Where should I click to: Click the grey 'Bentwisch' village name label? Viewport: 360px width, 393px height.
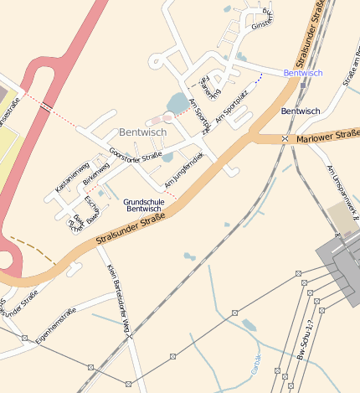click(x=142, y=132)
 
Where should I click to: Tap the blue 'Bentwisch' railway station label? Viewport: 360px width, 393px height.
click(x=302, y=73)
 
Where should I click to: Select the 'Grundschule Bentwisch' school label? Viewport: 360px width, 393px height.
click(x=142, y=204)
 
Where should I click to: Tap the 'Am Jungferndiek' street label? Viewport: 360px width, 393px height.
click(x=184, y=170)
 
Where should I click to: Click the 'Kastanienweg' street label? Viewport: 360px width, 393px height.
click(x=71, y=178)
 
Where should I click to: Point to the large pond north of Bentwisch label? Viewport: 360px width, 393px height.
click(x=178, y=104)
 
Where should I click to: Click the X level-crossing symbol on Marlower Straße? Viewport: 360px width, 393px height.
click(x=285, y=138)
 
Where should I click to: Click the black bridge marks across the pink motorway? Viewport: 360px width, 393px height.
click(x=48, y=106)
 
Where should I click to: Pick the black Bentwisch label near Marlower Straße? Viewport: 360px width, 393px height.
click(x=301, y=111)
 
